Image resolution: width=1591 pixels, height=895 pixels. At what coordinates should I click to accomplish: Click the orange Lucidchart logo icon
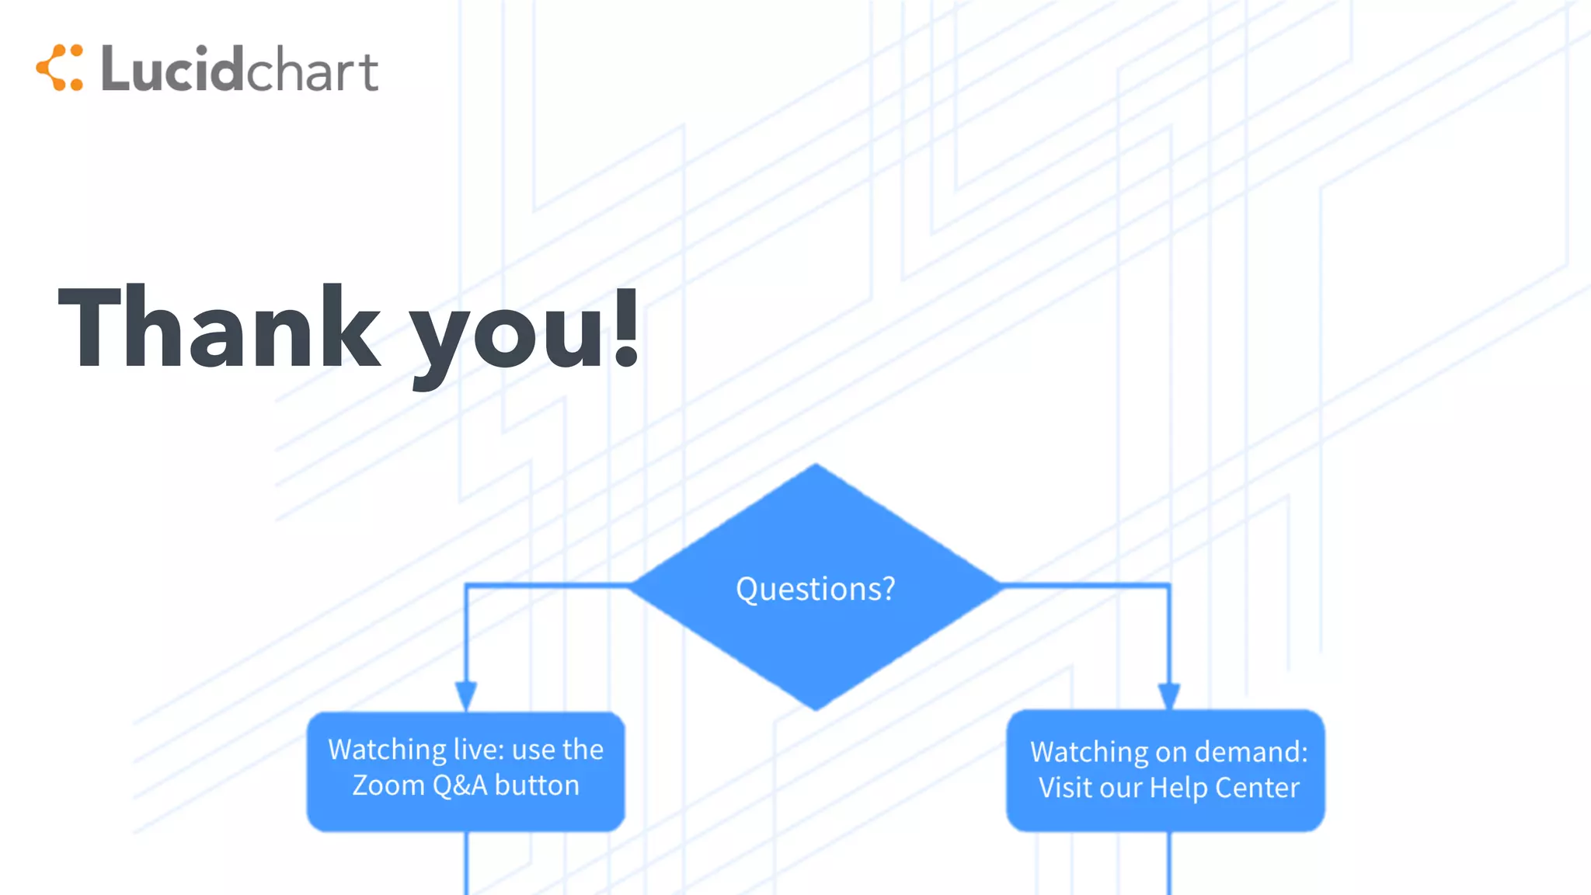click(x=60, y=68)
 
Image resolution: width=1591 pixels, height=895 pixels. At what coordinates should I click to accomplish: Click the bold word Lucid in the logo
click(x=172, y=69)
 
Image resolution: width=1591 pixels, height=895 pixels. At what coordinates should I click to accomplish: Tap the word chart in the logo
click(x=312, y=71)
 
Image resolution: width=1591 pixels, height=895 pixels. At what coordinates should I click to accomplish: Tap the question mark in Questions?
click(x=888, y=589)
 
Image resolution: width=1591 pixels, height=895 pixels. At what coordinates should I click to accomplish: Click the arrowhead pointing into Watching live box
click(x=465, y=695)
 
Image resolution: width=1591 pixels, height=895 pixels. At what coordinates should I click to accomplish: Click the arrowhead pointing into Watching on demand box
click(x=1168, y=695)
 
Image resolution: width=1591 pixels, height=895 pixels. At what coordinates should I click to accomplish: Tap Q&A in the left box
click(x=460, y=785)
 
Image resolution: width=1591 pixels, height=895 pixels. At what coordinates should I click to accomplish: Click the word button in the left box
click(x=537, y=785)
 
